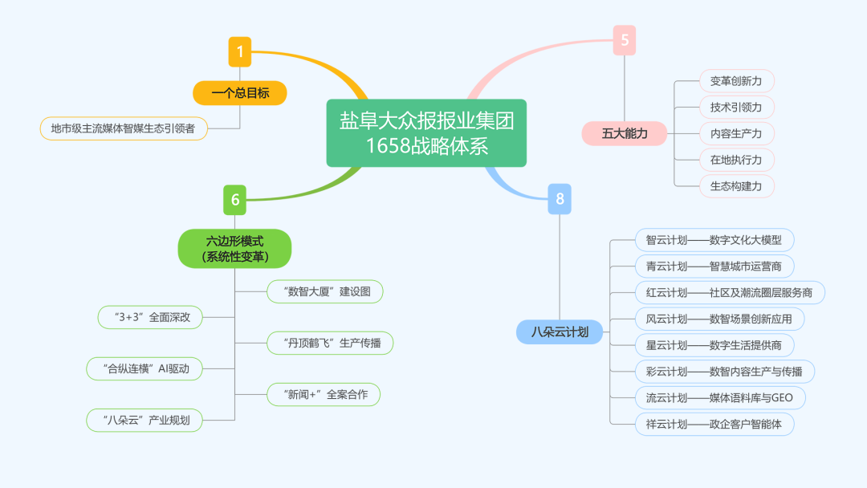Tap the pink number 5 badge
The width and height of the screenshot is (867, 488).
tap(625, 40)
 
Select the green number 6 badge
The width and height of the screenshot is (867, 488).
tap(235, 199)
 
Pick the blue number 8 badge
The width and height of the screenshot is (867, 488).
tap(560, 198)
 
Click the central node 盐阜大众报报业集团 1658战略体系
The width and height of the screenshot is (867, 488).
tap(426, 133)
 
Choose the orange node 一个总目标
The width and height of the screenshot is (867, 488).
tap(240, 93)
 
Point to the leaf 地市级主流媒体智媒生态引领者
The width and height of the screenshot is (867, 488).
tap(124, 128)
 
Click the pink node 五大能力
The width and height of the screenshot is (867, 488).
tap(625, 133)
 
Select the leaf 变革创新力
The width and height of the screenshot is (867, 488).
tap(735, 81)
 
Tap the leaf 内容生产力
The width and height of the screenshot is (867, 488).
tap(735, 133)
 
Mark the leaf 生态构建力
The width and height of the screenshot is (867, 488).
tap(735, 186)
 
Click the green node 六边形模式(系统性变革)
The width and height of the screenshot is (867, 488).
tap(234, 248)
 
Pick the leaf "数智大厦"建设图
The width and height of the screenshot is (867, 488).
tap(324, 291)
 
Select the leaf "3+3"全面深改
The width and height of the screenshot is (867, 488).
tap(150, 316)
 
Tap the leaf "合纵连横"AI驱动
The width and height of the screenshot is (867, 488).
tap(144, 369)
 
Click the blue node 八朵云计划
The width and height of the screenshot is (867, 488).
tap(560, 331)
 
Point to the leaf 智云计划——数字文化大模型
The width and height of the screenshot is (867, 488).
tap(714, 240)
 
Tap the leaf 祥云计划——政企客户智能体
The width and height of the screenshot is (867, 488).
tap(714, 424)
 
